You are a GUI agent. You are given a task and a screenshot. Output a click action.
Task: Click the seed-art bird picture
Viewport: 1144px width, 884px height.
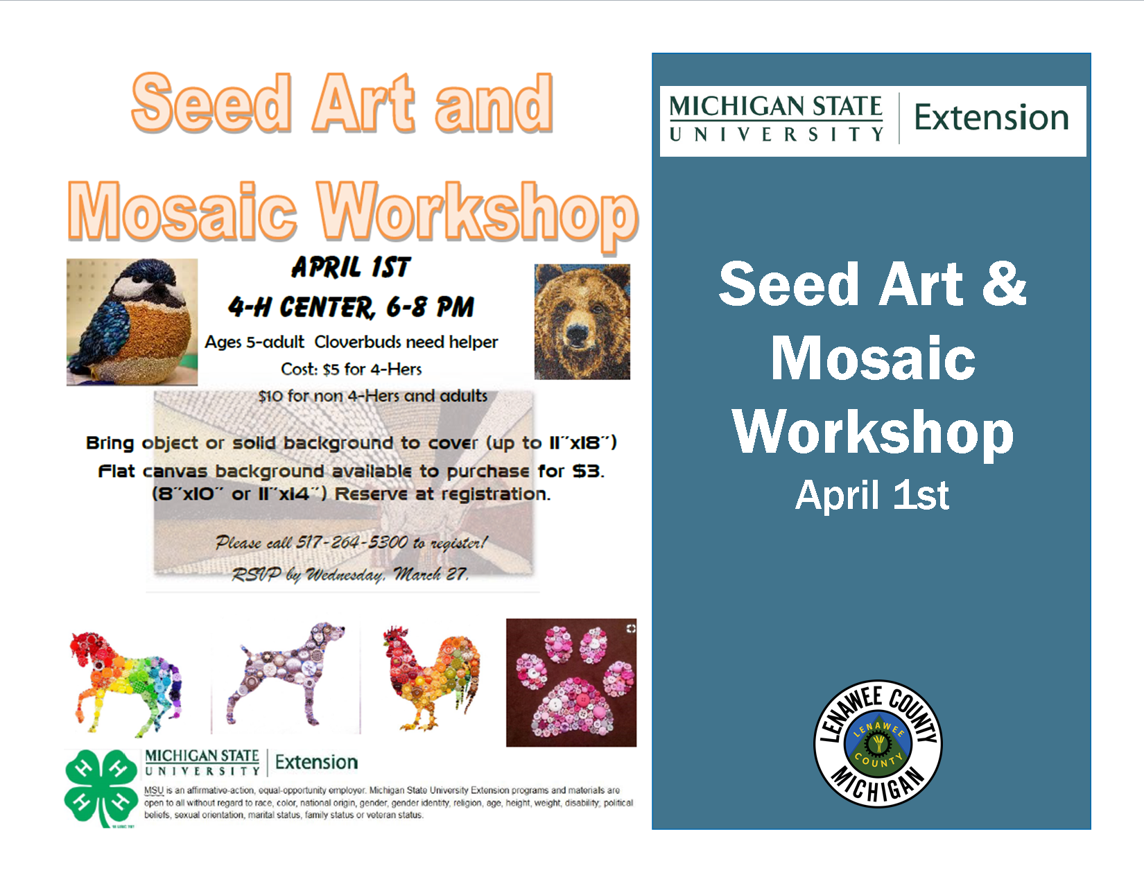(x=132, y=322)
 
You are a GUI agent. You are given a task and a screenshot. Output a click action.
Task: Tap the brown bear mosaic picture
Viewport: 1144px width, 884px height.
(x=582, y=322)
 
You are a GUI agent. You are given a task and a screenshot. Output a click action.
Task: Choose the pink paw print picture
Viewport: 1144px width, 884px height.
(x=571, y=683)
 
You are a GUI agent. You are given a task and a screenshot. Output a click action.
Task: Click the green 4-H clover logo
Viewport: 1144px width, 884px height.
(x=101, y=788)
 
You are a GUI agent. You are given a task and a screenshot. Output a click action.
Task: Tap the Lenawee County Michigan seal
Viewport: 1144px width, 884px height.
(x=877, y=743)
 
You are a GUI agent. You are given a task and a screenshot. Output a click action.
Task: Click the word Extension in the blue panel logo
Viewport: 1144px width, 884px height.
(x=991, y=117)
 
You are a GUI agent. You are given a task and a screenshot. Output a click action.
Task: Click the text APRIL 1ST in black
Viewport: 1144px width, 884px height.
(x=351, y=267)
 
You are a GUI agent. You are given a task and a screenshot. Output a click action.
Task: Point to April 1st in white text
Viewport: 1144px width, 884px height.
(x=872, y=495)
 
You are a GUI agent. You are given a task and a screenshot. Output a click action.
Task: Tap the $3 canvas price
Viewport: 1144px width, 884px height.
(x=588, y=471)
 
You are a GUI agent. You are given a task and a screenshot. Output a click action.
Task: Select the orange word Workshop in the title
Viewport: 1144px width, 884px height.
(x=477, y=212)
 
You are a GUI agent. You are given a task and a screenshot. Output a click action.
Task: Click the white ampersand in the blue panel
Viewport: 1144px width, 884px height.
(x=1003, y=284)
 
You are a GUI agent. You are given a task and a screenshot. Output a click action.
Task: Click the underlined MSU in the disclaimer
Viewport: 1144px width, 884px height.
(x=153, y=790)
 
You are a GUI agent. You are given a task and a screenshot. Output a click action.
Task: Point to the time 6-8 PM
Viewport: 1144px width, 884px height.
(x=430, y=307)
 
